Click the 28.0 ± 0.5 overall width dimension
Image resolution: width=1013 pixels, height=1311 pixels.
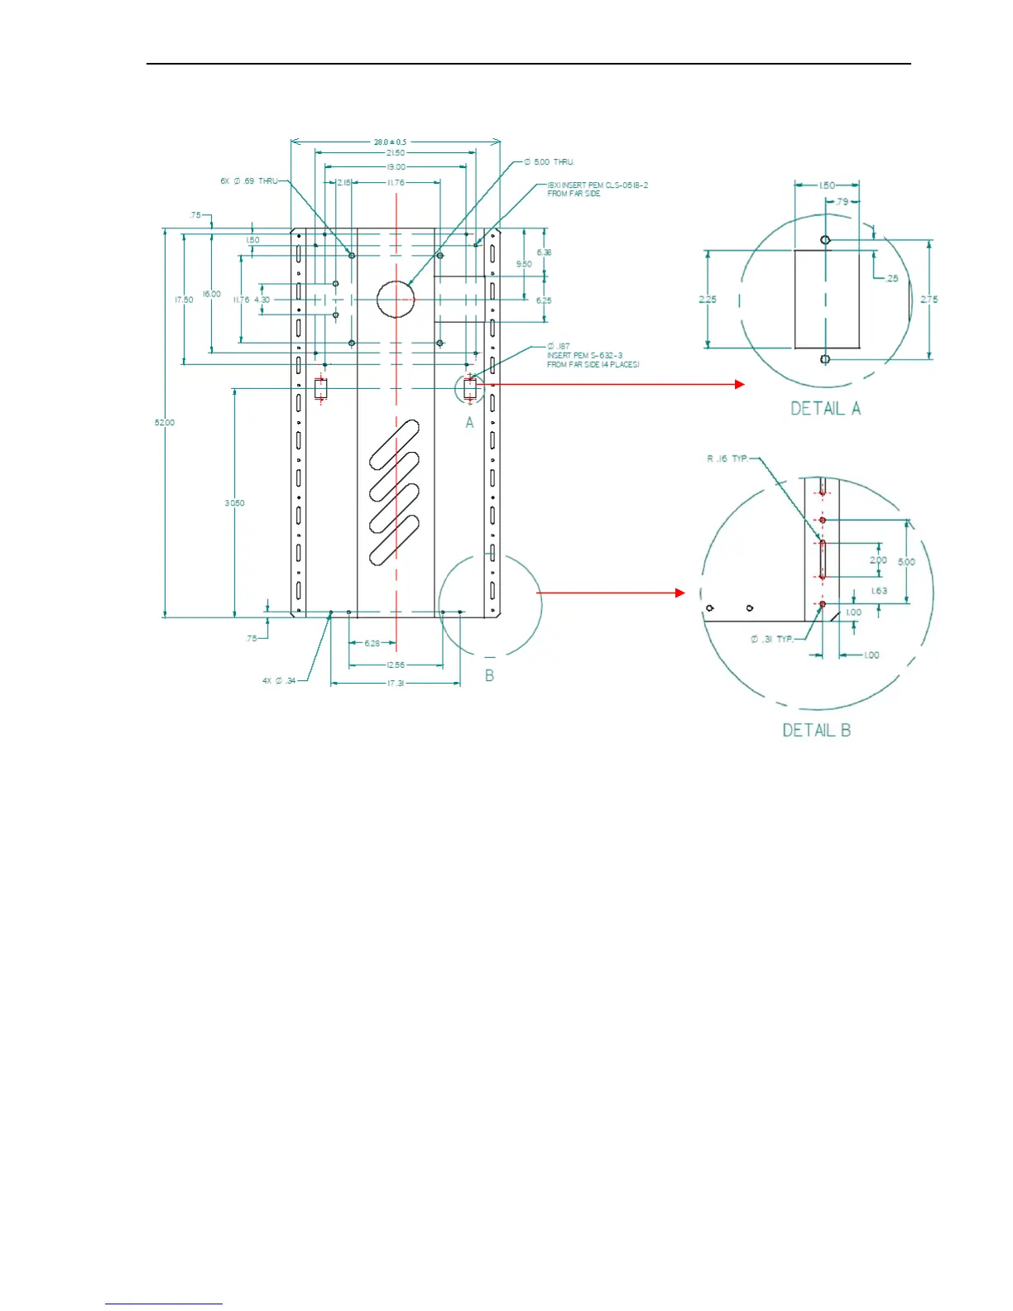point(390,142)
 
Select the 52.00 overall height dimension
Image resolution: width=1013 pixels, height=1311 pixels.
point(165,423)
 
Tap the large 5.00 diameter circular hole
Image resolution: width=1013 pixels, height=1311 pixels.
point(396,299)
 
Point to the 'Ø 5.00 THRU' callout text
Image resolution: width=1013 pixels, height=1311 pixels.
point(549,162)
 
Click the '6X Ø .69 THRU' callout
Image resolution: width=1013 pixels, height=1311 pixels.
point(249,181)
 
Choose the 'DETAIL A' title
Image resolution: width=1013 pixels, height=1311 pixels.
point(825,409)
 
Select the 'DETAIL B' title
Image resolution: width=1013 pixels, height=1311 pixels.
point(817,730)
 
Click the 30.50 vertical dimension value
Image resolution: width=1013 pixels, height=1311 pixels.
point(234,503)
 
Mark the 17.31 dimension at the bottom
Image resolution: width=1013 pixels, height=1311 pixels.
point(396,684)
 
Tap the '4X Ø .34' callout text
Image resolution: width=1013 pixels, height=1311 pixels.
point(279,681)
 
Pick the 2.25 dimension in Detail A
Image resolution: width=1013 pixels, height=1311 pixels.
point(708,300)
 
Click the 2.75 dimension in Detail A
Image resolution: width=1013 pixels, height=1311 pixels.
point(929,300)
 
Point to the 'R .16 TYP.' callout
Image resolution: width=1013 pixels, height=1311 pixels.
point(727,459)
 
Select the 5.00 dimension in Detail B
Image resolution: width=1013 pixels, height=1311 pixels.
point(907,562)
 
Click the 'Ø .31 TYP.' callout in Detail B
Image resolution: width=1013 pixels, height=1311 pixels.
point(771,639)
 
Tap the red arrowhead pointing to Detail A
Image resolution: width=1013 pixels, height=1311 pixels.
point(740,384)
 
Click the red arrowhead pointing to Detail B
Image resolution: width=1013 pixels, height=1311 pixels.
point(680,593)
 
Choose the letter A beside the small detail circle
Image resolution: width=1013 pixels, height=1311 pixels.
point(469,423)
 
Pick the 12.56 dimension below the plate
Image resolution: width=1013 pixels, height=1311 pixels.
point(396,665)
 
